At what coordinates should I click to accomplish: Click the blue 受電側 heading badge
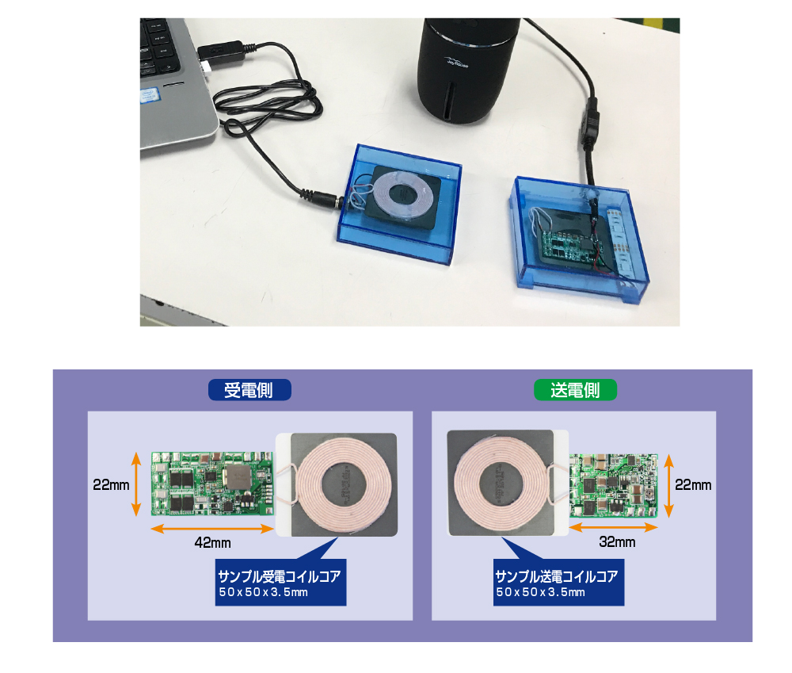pyautogui.click(x=249, y=390)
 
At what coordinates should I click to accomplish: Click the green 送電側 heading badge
pyautogui.click(x=575, y=390)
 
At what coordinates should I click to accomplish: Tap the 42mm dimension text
pyautogui.click(x=212, y=543)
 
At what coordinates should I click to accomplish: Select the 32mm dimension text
pyautogui.click(x=617, y=542)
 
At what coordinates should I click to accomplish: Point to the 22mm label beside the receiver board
pyautogui.click(x=111, y=485)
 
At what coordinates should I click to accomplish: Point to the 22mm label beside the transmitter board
pyautogui.click(x=693, y=485)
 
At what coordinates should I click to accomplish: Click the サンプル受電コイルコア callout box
pyautogui.click(x=281, y=582)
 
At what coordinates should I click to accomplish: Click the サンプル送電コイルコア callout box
pyautogui.click(x=558, y=582)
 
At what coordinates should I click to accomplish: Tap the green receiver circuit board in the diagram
pyautogui.click(x=212, y=484)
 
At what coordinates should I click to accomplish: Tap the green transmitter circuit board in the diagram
pyautogui.click(x=614, y=485)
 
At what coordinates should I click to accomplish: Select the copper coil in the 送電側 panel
pyautogui.click(x=501, y=485)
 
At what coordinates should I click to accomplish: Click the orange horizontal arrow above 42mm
pyautogui.click(x=212, y=529)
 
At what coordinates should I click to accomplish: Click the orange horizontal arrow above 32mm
pyautogui.click(x=614, y=527)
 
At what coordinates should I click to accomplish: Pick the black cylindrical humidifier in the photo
pyautogui.click(x=468, y=70)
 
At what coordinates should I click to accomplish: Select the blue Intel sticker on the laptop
pyautogui.click(x=150, y=95)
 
